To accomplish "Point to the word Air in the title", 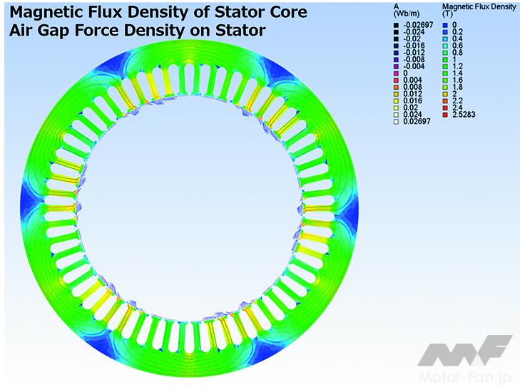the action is [21, 31].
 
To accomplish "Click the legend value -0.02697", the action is [418, 25].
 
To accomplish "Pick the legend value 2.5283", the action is [464, 115].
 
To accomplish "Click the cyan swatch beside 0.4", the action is [445, 38].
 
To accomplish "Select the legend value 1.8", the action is [457, 87].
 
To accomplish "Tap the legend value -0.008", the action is [414, 60].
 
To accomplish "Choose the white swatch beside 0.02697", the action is [396, 122].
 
